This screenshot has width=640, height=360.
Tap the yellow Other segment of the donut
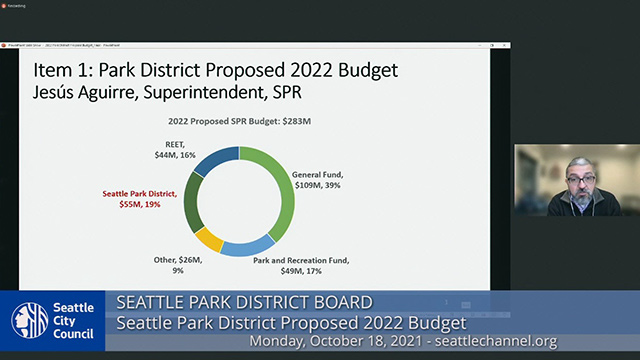[x=210, y=238]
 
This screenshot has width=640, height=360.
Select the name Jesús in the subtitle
[x=47, y=93]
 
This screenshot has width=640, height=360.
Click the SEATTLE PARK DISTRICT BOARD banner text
[x=245, y=302]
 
